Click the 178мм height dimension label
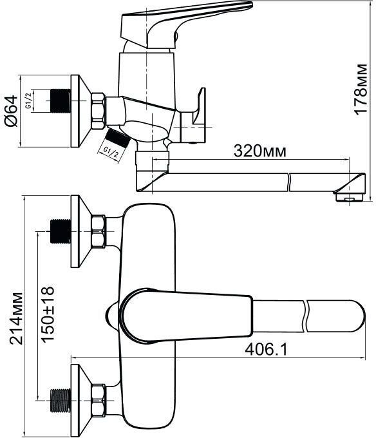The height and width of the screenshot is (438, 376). pos(360,89)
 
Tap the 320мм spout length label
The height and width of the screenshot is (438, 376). pos(260,151)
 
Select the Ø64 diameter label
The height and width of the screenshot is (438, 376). pos(11,111)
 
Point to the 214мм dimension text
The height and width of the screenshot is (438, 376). pos(15,318)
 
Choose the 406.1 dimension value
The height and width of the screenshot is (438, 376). pos(266,349)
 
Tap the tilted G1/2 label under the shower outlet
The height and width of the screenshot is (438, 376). pos(111,151)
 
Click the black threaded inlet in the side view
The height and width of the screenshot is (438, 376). pos(61,101)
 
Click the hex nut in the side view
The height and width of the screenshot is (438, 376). pos(98,111)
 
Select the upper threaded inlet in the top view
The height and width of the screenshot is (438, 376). pos(61,231)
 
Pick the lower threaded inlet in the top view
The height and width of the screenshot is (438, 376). pos(61,400)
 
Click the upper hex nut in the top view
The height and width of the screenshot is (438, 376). pos(99,231)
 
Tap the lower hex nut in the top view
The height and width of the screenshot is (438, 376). pos(99,400)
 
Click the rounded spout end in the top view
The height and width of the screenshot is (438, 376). pos(357,316)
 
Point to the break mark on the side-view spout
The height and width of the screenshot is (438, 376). pos(289,182)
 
